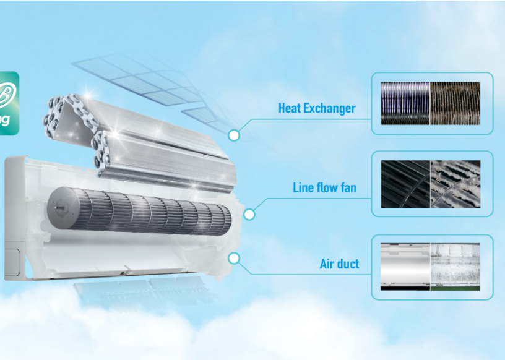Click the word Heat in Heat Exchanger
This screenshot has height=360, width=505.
290,108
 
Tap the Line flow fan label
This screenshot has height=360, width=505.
324,187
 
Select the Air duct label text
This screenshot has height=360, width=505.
339,264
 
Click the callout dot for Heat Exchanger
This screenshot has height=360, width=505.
234,134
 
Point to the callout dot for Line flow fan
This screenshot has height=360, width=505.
249,215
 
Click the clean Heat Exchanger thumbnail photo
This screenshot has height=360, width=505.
405,103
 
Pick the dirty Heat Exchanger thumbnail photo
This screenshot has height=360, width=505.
455,103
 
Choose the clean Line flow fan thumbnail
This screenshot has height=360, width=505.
405,184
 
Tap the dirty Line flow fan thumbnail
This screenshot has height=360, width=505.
455,184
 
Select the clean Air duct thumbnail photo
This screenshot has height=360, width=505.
405,267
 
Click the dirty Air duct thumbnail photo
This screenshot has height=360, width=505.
455,267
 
